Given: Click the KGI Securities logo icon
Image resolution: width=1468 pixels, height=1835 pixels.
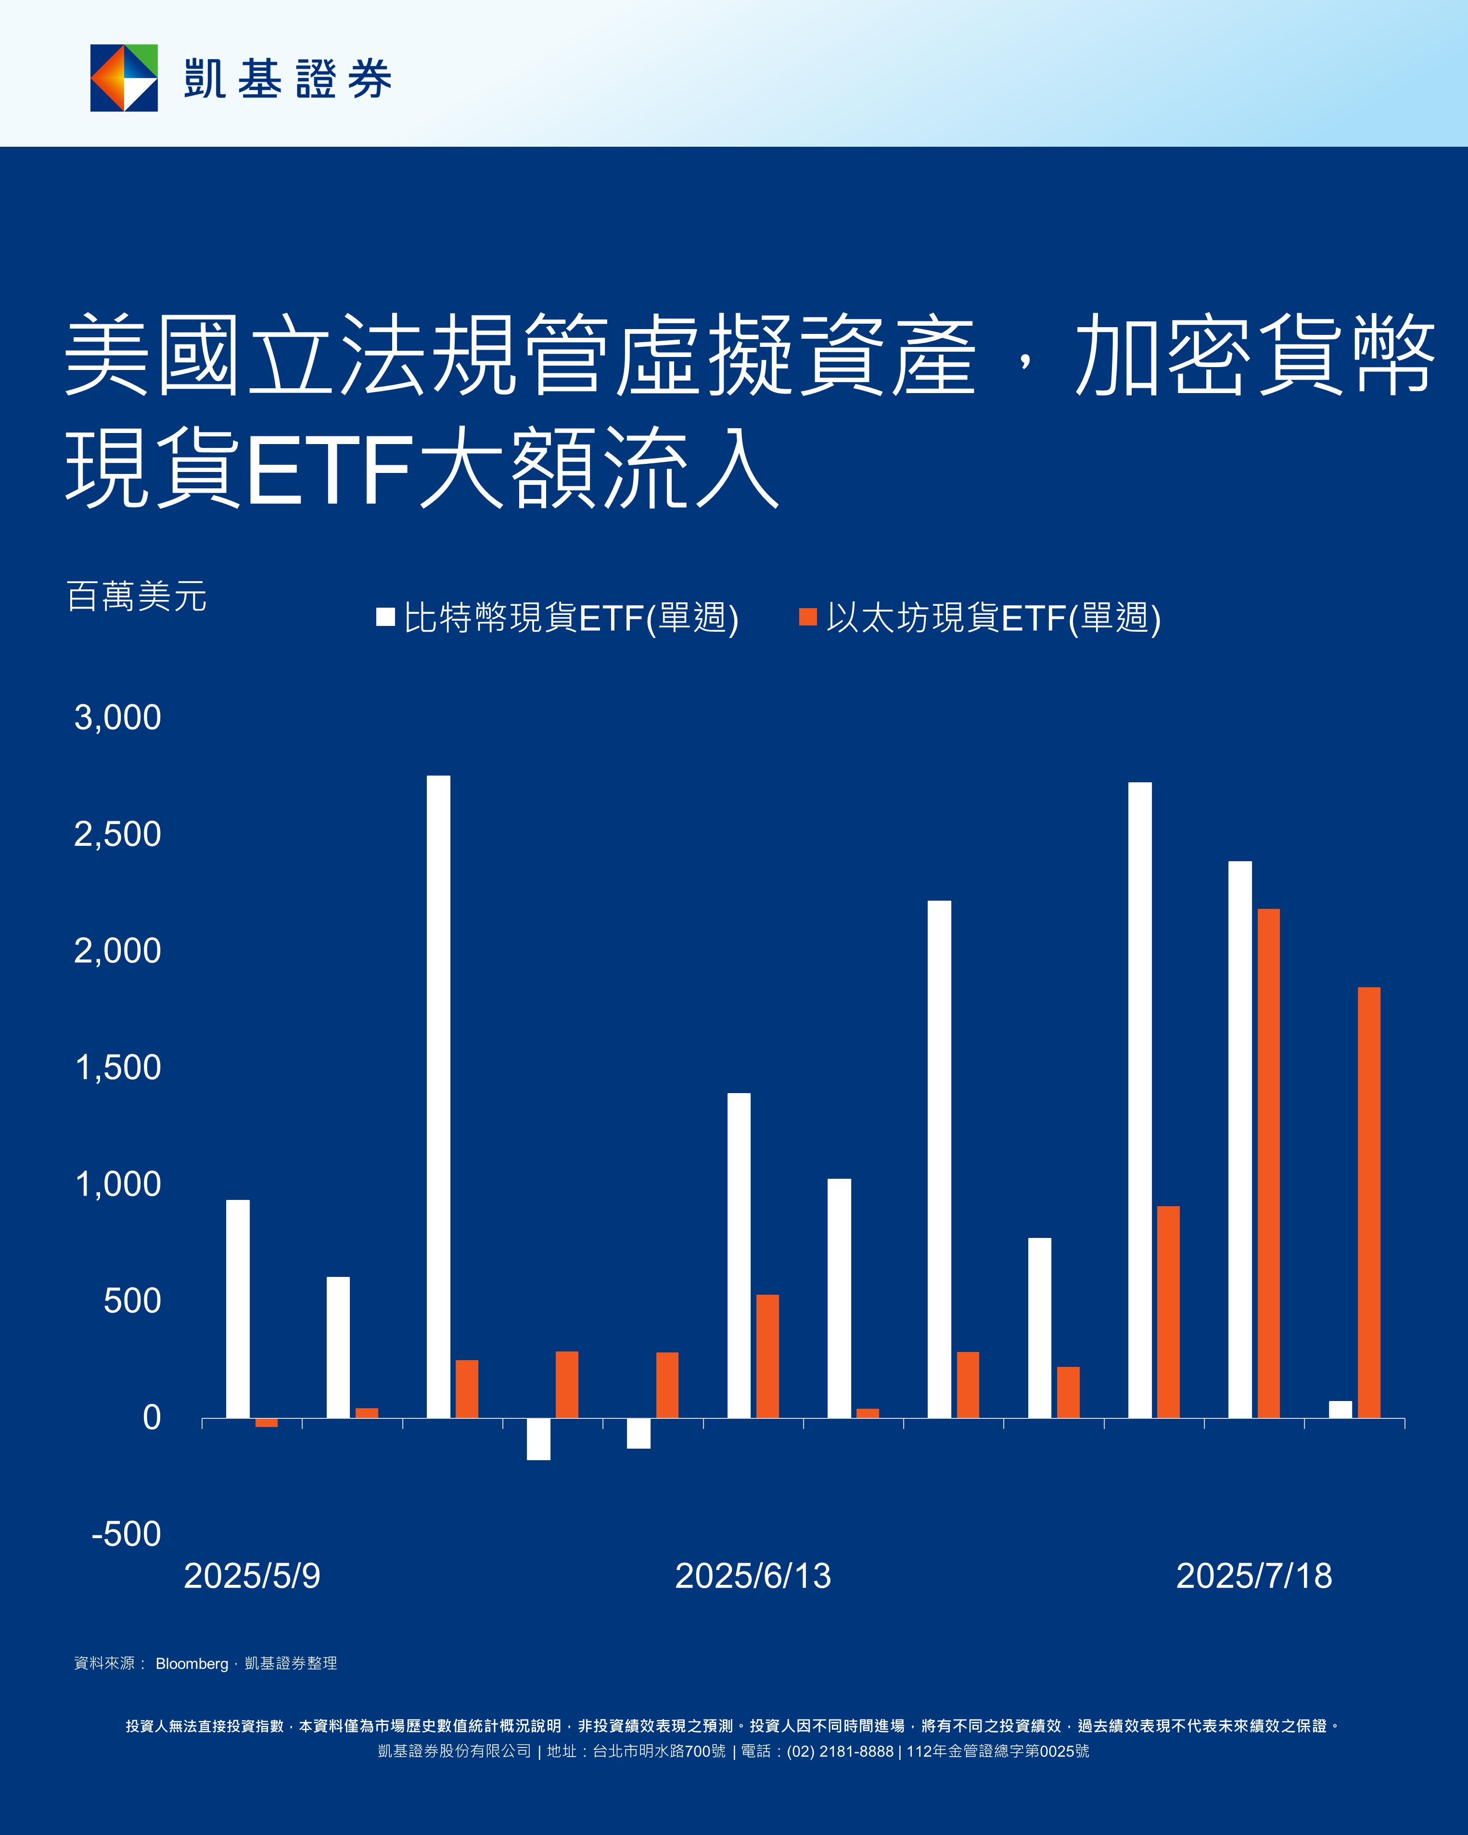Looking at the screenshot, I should (124, 78).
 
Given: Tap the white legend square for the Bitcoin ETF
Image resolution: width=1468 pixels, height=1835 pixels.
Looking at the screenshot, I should (385, 617).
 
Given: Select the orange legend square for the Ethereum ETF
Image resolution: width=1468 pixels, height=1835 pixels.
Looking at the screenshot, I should (807, 617).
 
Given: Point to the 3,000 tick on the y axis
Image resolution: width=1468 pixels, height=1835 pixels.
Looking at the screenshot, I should (117, 717).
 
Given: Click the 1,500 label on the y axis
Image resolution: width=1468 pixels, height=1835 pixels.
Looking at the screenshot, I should (117, 1067).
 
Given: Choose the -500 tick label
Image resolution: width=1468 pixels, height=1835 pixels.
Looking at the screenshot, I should (126, 1534).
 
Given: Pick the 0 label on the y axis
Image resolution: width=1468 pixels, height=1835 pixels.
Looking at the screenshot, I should (152, 1417).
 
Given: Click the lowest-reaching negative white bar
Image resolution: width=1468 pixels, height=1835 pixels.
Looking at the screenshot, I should (538, 1439).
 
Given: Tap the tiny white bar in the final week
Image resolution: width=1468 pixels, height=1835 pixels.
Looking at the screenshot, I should (1340, 1409).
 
